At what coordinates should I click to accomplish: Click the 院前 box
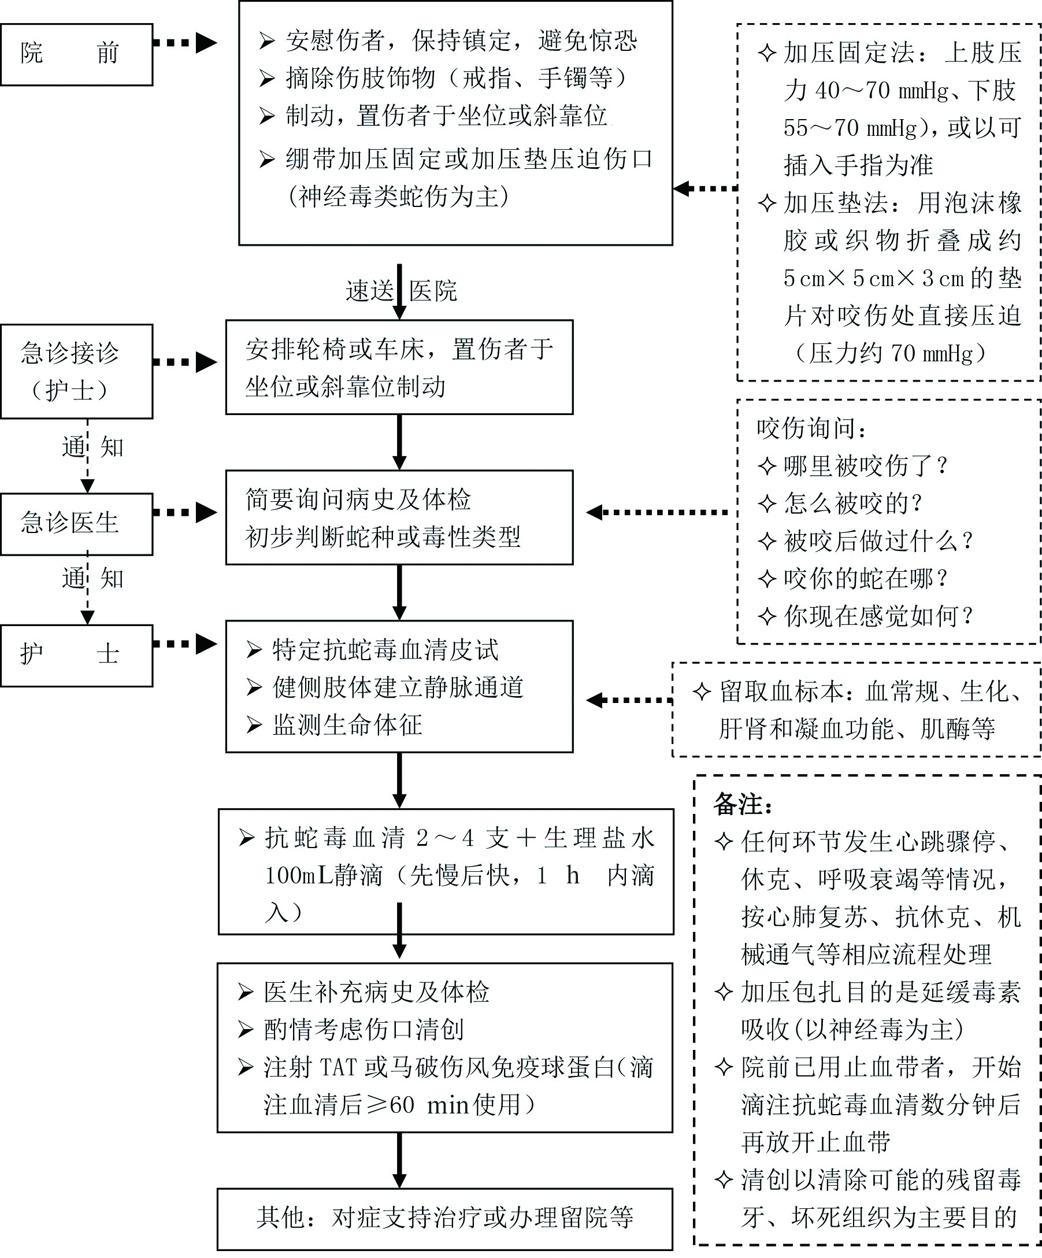click(76, 54)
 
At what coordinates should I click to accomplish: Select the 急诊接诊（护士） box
click(76, 371)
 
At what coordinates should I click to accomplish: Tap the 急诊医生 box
click(76, 523)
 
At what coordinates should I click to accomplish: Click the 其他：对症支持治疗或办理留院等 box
click(444, 1218)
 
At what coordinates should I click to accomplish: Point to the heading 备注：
click(743, 805)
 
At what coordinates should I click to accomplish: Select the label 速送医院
click(401, 291)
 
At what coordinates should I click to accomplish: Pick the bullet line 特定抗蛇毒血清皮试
click(385, 650)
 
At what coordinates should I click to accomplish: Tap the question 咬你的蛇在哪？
click(865, 578)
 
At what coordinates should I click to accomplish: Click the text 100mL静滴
click(324, 876)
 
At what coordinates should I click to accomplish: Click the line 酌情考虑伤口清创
click(364, 1029)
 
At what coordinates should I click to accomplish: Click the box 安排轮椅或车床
click(399, 367)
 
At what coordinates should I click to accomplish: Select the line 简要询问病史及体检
click(358, 499)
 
